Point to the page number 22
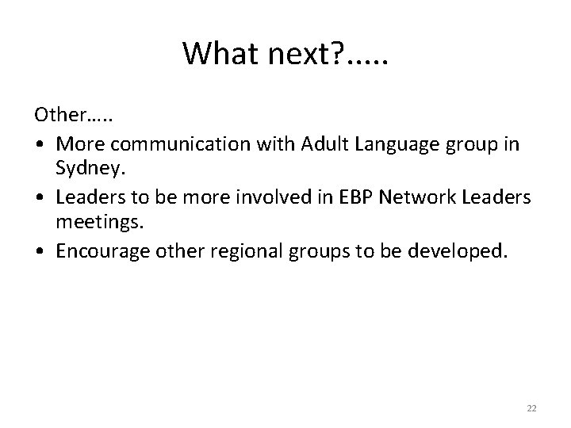531,407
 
